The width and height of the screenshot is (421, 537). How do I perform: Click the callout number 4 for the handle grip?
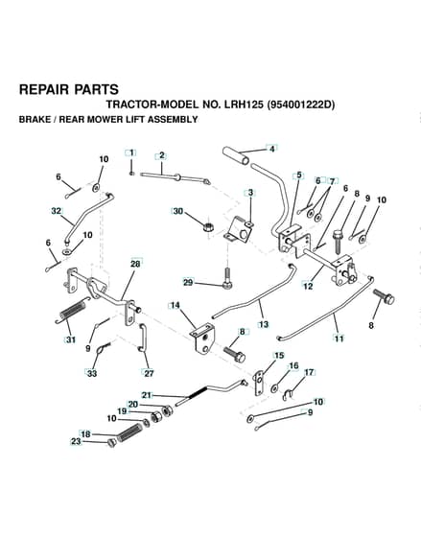click(272, 149)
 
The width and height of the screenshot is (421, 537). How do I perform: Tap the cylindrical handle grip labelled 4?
click(236, 156)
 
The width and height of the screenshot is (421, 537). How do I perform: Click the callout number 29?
click(188, 283)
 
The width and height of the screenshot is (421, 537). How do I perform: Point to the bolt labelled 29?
click(227, 278)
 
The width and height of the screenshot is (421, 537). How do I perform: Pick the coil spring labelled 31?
click(73, 311)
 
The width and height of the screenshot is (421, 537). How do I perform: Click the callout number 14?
click(175, 305)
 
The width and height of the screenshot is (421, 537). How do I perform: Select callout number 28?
click(135, 264)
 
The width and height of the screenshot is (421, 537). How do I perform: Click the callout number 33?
click(92, 373)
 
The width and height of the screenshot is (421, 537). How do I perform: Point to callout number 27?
click(149, 373)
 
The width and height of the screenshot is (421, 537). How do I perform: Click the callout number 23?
click(76, 441)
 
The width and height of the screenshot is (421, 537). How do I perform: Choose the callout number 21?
click(147, 395)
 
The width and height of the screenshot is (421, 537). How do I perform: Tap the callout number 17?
click(309, 372)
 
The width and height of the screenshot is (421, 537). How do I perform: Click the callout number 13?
click(264, 324)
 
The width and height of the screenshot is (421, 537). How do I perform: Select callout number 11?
click(339, 339)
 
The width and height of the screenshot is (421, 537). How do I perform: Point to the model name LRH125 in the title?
click(244, 105)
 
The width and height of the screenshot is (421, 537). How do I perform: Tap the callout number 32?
click(57, 211)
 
